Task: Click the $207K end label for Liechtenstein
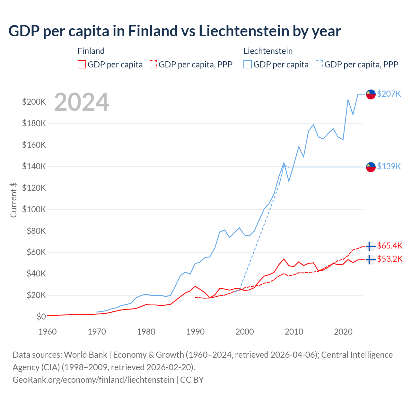[x=389, y=94]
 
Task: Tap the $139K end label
[x=389, y=166]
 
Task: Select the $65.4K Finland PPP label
[x=389, y=246]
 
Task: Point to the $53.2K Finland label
[x=389, y=259]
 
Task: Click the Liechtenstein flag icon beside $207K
[x=371, y=94]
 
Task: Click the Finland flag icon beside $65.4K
[x=371, y=246]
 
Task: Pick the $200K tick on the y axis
[x=34, y=102]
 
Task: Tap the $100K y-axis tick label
[x=34, y=209]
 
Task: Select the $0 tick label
[x=41, y=317]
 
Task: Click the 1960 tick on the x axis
[x=48, y=332]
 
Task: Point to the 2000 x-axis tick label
[x=245, y=332]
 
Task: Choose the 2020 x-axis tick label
[x=343, y=332]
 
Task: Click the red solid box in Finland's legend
[x=82, y=65]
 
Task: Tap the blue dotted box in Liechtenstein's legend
[x=319, y=65]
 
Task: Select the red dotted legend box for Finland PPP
[x=153, y=65]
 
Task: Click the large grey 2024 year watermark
[x=82, y=102]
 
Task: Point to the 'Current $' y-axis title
[x=13, y=200]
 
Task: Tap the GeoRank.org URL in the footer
[x=93, y=380]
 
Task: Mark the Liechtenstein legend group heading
[x=268, y=51]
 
